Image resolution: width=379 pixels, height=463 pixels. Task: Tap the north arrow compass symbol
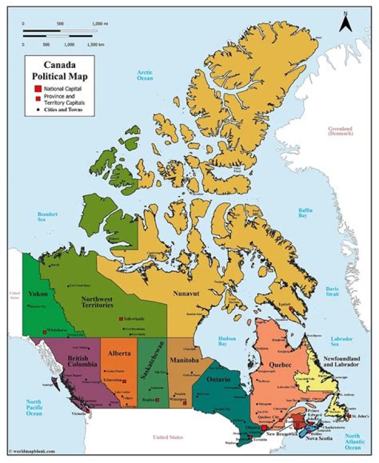pos(346,22)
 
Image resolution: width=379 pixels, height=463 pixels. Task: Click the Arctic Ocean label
pos(144,75)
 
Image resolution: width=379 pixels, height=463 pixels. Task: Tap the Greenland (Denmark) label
pos(340,131)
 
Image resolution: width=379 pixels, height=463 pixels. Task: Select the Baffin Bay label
pos(306,213)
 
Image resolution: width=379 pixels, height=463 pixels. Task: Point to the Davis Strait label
pos(333,291)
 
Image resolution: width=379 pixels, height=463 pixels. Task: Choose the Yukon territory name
pos(38,293)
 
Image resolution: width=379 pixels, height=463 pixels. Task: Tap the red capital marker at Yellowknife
pos(121,319)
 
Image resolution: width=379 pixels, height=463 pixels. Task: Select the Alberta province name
pos(119,353)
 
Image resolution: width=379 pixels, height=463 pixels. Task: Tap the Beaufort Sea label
pos(47,217)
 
